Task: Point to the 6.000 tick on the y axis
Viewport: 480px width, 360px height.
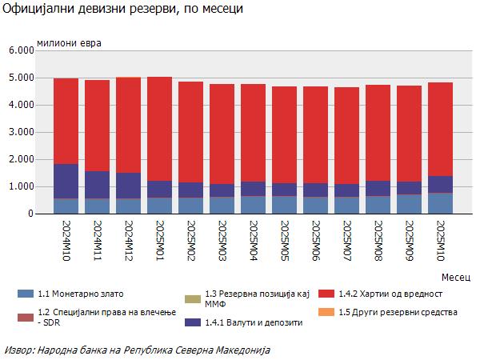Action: coord(18,50)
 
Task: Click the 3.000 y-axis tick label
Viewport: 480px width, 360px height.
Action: coord(18,132)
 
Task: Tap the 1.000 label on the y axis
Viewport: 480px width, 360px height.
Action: coord(18,186)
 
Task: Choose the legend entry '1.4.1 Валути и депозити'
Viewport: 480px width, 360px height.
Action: coord(254,323)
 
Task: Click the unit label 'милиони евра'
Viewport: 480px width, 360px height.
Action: coord(70,41)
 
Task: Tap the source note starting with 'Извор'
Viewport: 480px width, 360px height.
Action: coord(137,350)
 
